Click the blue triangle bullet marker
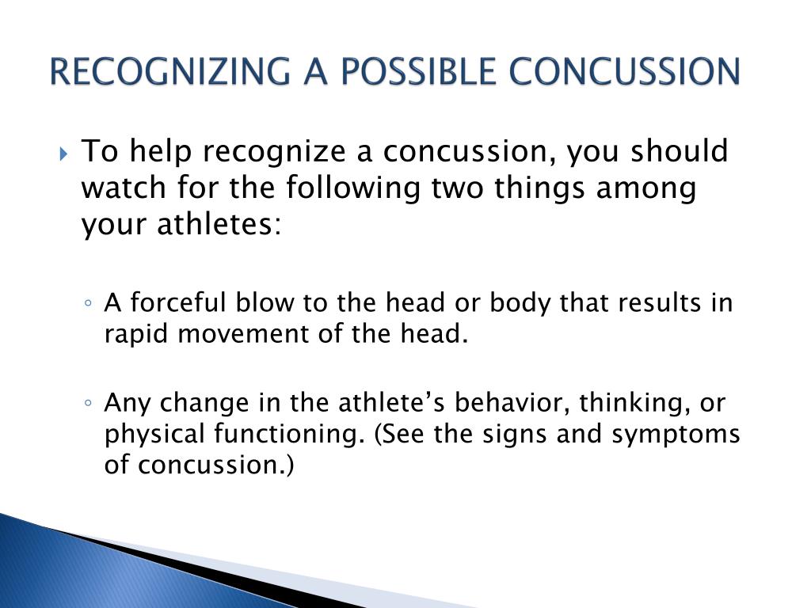tap(63, 154)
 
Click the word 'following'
tap(353, 188)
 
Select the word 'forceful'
tap(178, 302)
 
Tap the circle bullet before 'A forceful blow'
tap(89, 303)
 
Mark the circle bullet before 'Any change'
tap(89, 403)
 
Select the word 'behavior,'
tap(512, 403)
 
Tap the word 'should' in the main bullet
tap(679, 150)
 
